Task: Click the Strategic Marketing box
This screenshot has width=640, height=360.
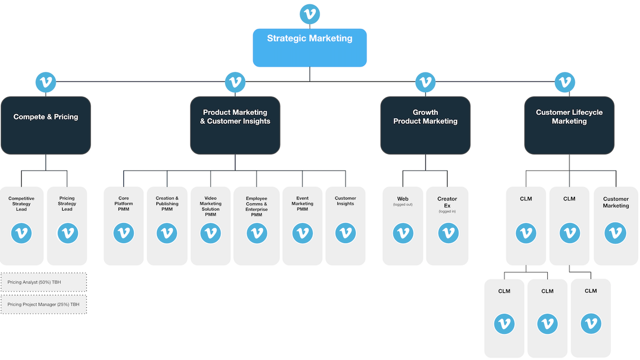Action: click(309, 47)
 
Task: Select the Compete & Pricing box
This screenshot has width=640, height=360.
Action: click(46, 125)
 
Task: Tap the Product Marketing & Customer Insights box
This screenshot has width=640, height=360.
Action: click(235, 125)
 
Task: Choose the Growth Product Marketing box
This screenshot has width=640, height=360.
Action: click(425, 125)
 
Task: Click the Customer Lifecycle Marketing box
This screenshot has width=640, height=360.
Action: click(569, 125)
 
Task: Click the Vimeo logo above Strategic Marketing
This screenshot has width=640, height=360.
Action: click(310, 13)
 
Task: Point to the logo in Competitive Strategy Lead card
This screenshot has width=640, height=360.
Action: click(21, 233)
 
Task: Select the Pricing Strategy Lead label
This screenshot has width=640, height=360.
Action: click(67, 204)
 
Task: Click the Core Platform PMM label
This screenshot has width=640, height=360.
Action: click(124, 204)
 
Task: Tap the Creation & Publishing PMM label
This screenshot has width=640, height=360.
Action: click(167, 204)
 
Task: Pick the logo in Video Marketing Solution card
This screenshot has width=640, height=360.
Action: click(211, 233)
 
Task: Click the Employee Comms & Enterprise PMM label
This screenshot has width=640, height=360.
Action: click(257, 206)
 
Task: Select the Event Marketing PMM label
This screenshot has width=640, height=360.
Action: click(302, 204)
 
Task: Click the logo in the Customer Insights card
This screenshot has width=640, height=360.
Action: click(345, 233)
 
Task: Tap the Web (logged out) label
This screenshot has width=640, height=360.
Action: click(403, 201)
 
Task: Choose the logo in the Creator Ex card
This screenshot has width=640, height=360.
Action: click(447, 233)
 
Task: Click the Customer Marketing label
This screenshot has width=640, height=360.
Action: click(615, 202)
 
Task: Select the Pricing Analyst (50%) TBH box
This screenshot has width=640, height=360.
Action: click(43, 282)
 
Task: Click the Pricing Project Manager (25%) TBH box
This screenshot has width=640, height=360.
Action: click(43, 304)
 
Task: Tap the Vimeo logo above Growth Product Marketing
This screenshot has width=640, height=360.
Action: click(425, 82)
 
